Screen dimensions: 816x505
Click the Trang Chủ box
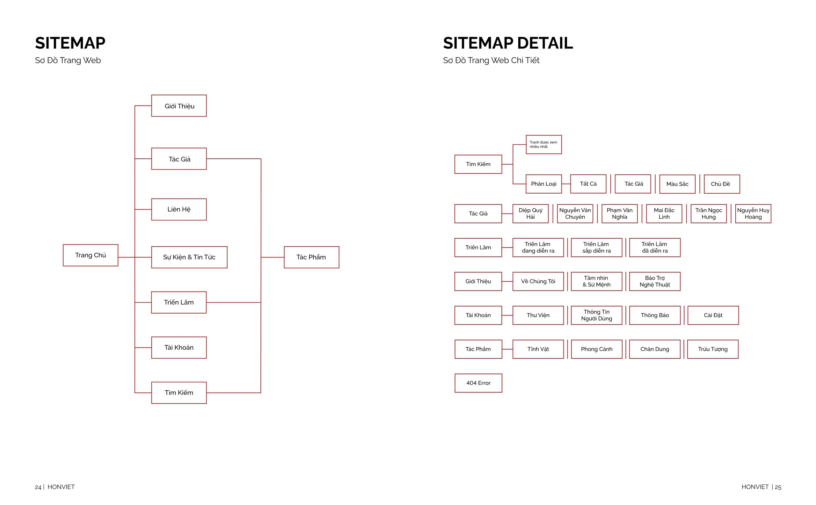point(91,255)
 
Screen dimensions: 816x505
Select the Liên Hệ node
point(179,209)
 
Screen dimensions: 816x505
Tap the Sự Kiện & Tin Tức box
point(189,257)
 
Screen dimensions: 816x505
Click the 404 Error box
point(478,383)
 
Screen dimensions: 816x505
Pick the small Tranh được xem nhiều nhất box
point(544,145)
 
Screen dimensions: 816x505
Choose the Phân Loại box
point(544,184)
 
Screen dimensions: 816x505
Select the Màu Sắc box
point(677,184)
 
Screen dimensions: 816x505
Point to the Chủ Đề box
point(722,184)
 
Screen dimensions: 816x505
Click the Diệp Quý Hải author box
point(531,214)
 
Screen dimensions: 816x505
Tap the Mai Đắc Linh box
point(664,214)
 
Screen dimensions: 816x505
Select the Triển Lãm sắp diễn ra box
point(596,248)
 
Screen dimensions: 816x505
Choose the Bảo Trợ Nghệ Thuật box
point(655,281)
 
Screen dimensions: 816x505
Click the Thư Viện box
point(538,315)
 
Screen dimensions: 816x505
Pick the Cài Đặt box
point(713,315)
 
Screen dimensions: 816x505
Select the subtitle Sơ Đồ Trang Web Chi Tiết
point(491,61)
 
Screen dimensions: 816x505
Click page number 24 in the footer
point(38,487)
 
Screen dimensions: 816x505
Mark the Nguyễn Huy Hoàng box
point(753,214)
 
